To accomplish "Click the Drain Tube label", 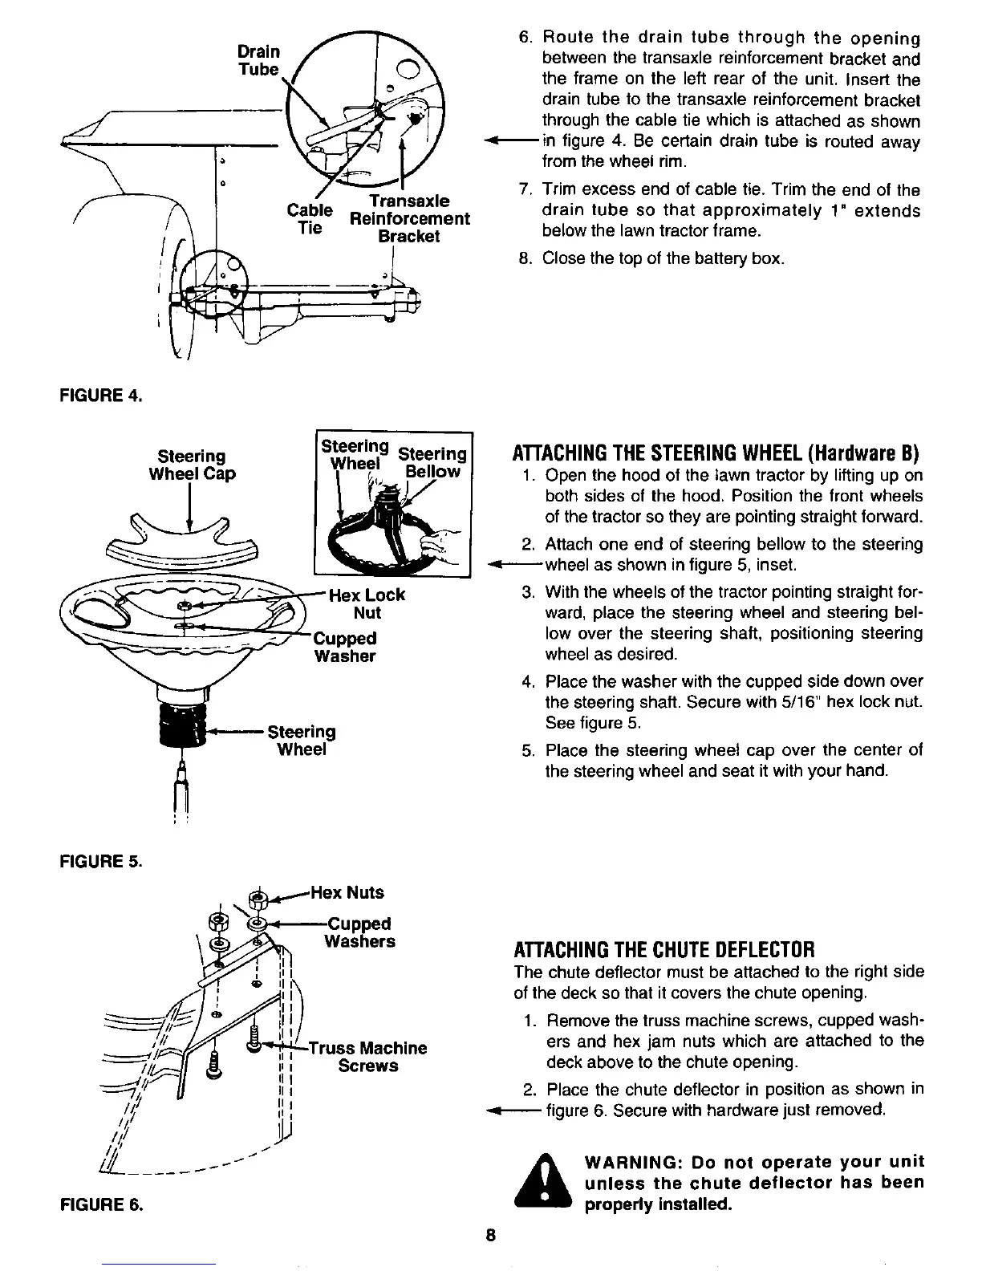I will tap(259, 60).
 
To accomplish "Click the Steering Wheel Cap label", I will tap(192, 465).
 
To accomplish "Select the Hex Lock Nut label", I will tap(367, 604).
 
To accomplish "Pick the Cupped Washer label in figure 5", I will tap(345, 648).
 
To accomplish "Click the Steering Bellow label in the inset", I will tap(432, 463).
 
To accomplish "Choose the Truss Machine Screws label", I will tap(368, 1057).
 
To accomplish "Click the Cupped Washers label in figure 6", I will tap(359, 932).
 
